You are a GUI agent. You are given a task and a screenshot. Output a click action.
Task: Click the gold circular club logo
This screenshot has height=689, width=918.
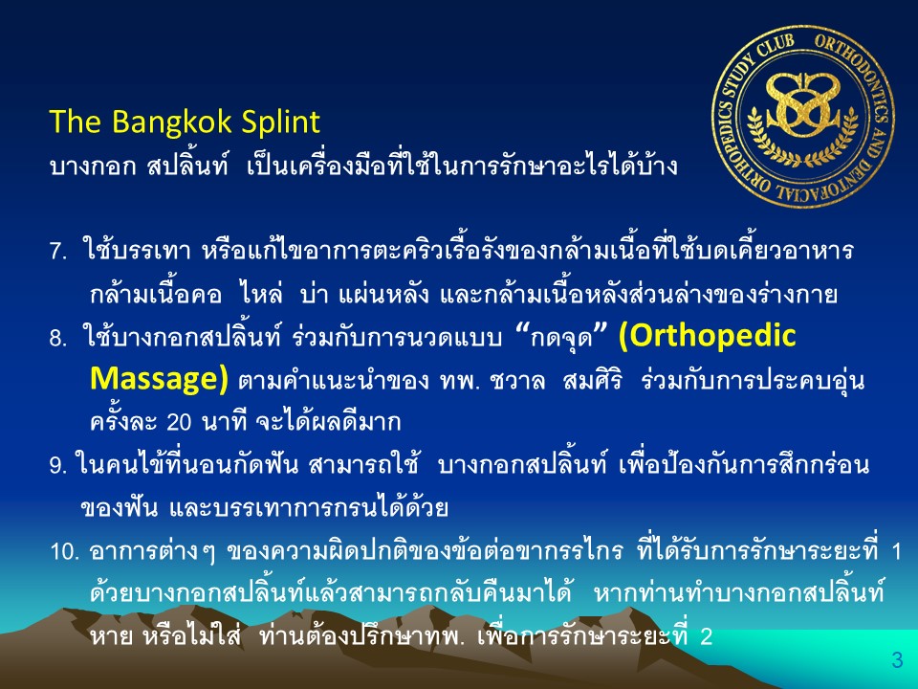(x=802, y=117)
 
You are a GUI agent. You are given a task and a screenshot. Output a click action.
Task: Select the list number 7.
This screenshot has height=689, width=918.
(x=58, y=253)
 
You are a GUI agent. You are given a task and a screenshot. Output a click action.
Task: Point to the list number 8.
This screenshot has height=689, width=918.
(x=58, y=338)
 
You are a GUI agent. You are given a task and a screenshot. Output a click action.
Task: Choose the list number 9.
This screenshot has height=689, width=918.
(x=58, y=466)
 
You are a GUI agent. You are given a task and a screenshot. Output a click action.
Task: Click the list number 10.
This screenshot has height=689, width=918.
(x=64, y=551)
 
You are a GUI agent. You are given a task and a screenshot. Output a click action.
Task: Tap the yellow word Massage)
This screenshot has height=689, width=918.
(x=159, y=379)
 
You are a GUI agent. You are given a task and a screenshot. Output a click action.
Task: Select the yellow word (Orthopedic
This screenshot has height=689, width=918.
(x=708, y=336)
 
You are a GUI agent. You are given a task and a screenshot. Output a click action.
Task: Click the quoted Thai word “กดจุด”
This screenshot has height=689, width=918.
(x=561, y=338)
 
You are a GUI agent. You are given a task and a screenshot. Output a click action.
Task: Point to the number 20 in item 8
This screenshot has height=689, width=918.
(x=179, y=422)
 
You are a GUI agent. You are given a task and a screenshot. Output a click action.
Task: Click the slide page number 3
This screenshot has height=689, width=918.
(x=897, y=659)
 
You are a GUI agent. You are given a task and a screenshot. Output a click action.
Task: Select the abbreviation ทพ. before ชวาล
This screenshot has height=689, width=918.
(x=459, y=380)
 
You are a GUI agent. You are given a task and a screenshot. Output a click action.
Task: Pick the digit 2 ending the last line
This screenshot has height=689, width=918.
(x=706, y=637)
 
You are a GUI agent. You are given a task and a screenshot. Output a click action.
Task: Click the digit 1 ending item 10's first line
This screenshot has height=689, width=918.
(x=896, y=551)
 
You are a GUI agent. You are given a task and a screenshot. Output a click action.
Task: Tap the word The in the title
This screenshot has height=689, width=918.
(x=76, y=122)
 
